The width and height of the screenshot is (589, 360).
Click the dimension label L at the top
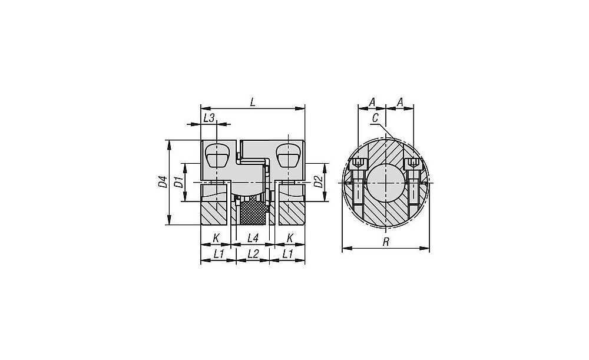[253, 102]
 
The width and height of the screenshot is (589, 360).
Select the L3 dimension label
[209, 118]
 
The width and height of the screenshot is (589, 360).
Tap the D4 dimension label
[163, 181]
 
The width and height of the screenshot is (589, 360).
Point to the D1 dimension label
[180, 182]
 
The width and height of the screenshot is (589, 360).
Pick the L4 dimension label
[253, 238]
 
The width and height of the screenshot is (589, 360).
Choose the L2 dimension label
[253, 254]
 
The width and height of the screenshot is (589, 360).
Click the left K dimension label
[216, 238]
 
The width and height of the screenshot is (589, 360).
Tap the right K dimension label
[290, 238]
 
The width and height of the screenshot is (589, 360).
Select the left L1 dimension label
[219, 254]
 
